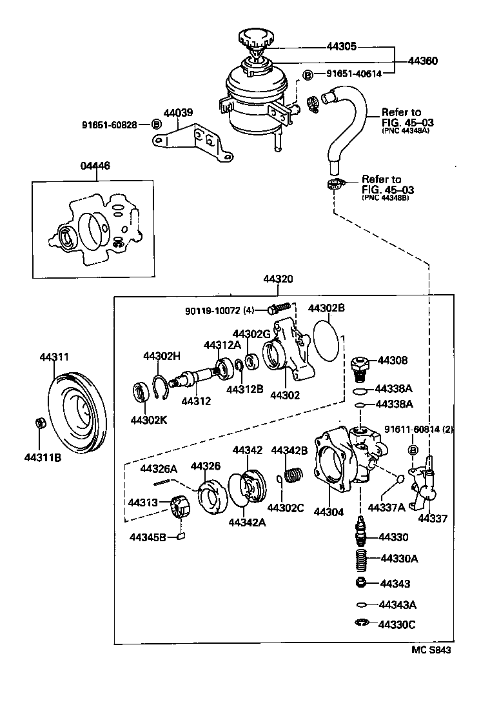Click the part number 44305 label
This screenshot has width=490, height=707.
point(341,47)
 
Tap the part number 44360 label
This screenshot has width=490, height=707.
point(422,61)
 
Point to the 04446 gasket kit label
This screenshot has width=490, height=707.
point(95,166)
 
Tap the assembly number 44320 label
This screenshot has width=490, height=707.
point(278,279)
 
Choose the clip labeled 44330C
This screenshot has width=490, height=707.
point(362,623)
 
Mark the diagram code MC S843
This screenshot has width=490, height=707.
point(431,650)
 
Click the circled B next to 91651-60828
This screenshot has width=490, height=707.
point(155,124)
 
